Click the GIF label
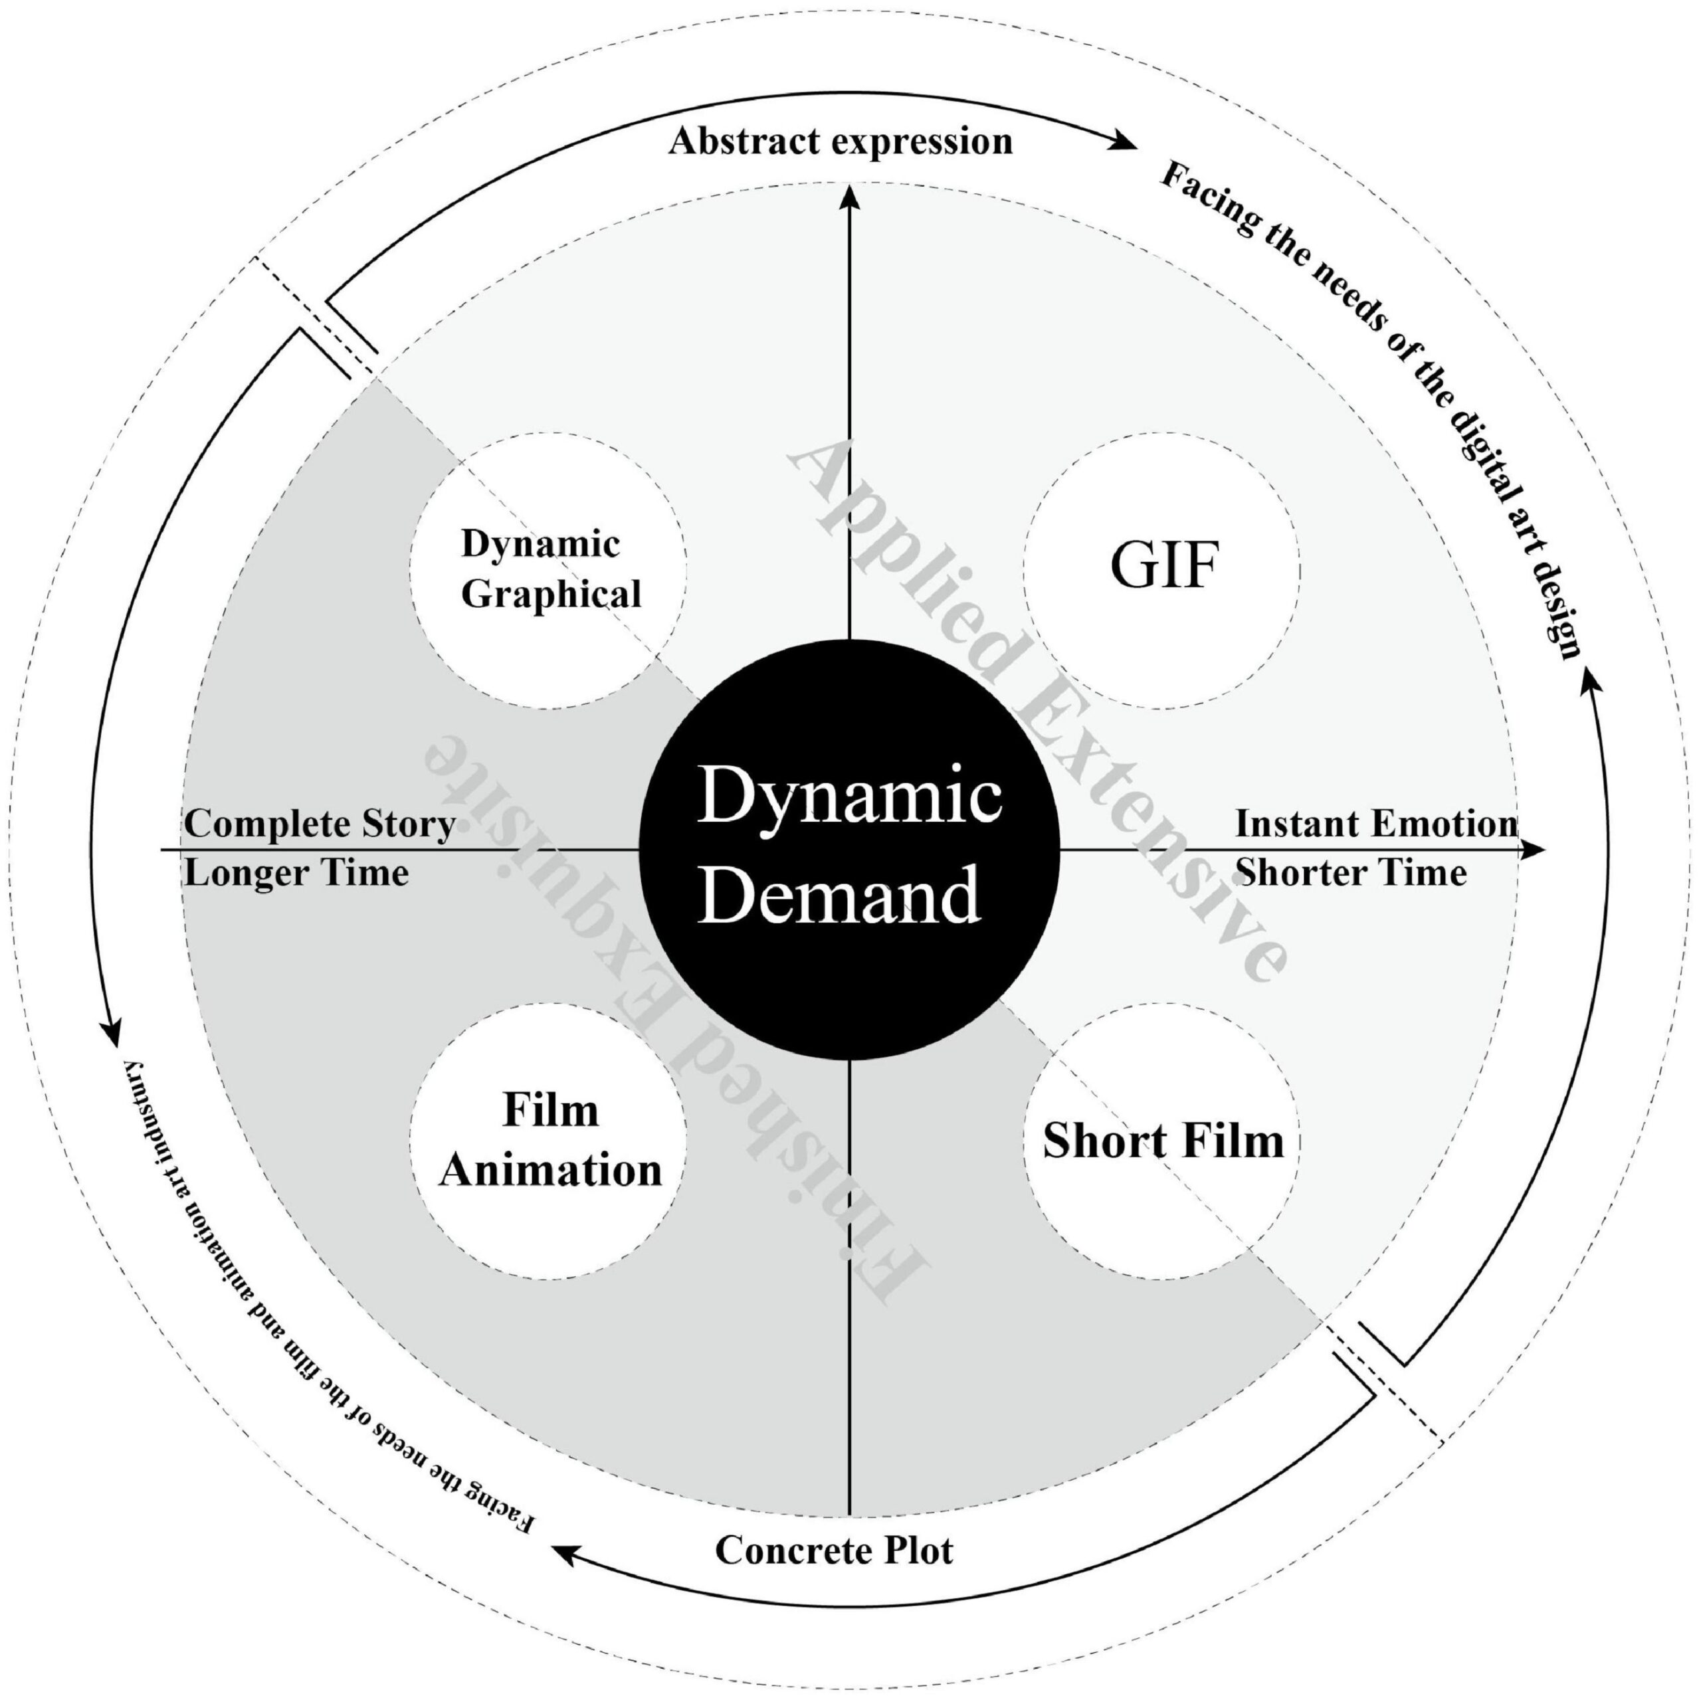[x=1163, y=566]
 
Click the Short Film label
[x=1163, y=1142]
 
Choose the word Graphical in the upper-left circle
[x=551, y=594]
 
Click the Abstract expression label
[x=840, y=141]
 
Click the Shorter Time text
[x=1351, y=873]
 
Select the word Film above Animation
[x=550, y=1111]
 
